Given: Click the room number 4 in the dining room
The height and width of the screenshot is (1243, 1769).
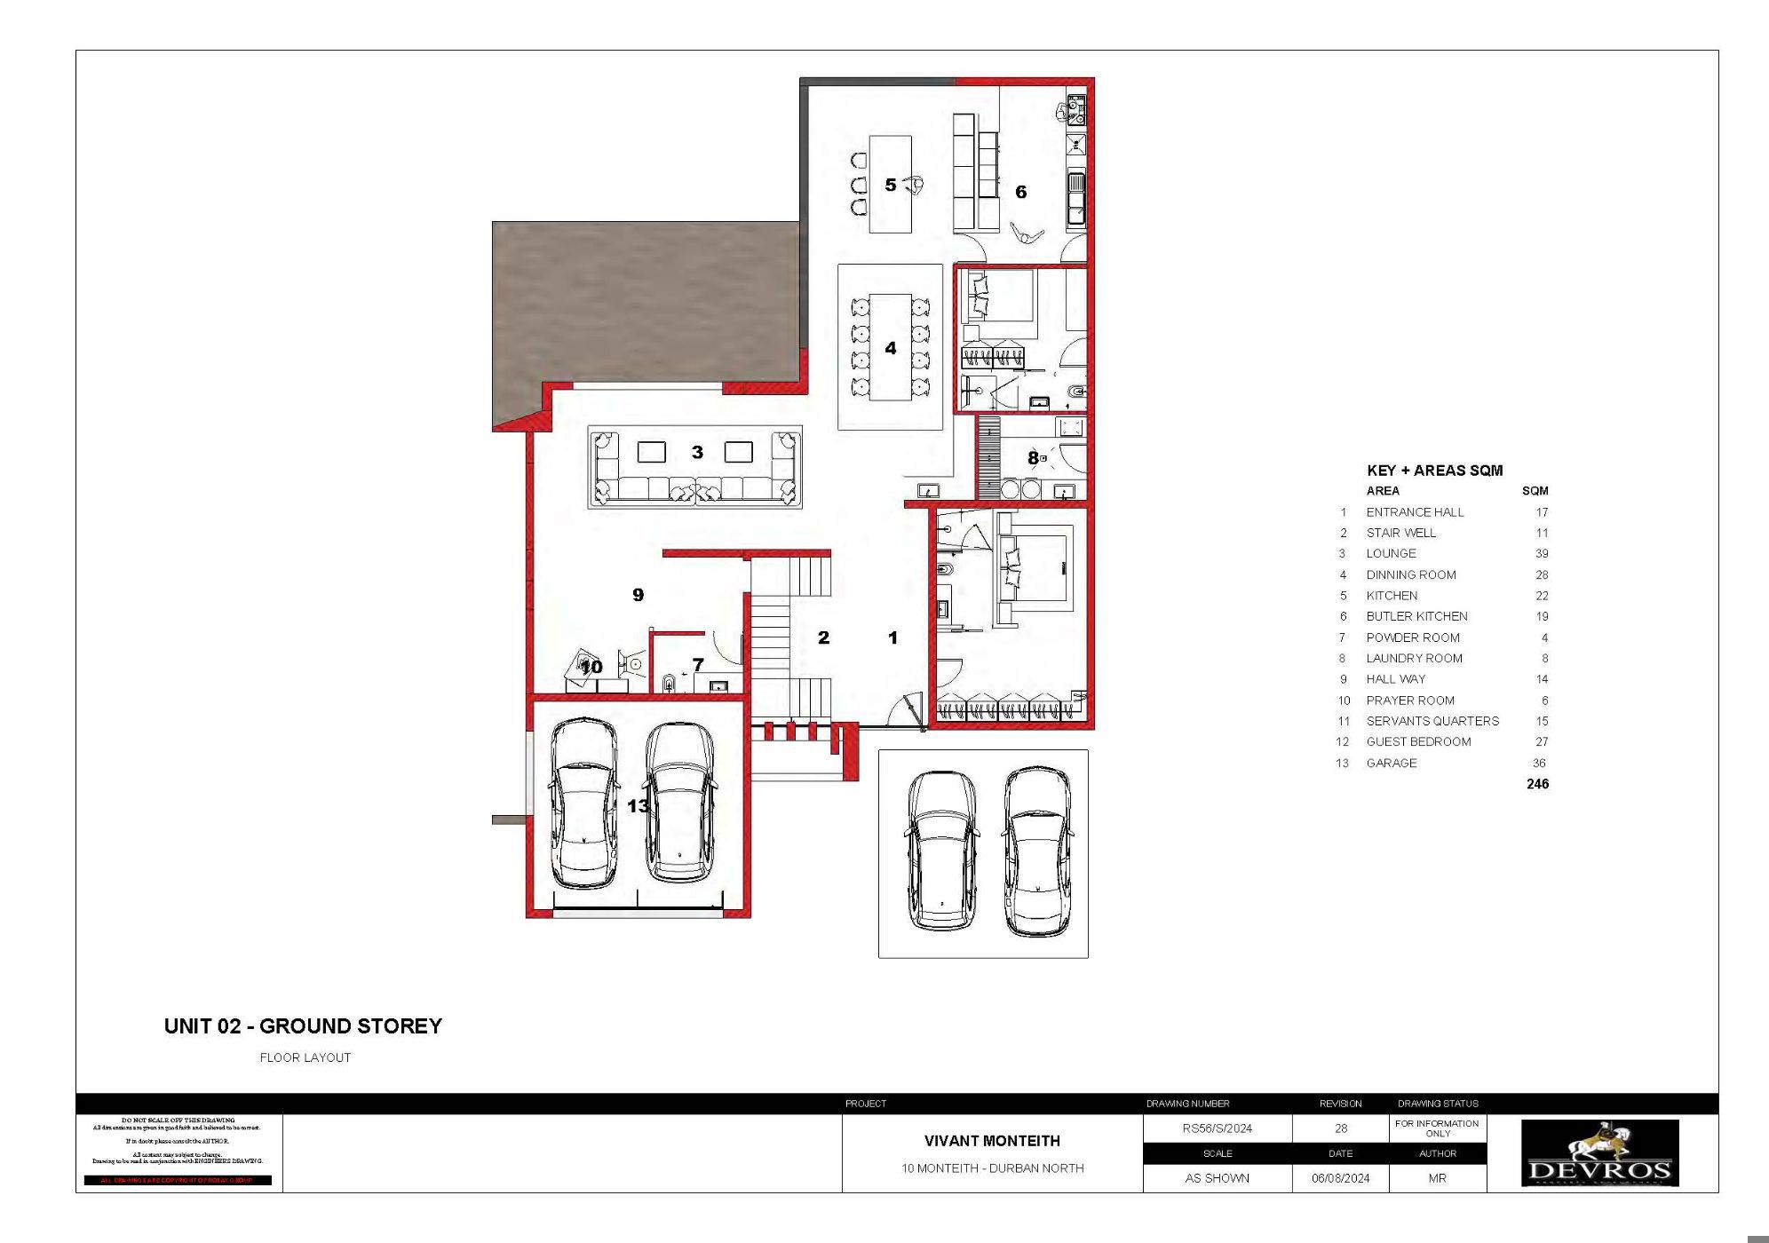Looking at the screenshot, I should pos(891,348).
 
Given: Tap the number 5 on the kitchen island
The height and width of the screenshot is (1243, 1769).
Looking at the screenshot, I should pos(891,185).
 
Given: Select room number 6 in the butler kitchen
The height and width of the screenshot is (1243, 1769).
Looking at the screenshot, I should pos(1020,192).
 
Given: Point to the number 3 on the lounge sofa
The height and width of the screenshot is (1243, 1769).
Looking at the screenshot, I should pos(697,453).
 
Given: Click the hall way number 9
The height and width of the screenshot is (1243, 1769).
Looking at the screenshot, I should pos(638,595).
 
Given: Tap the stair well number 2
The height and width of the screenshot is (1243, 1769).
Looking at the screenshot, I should pos(823,637).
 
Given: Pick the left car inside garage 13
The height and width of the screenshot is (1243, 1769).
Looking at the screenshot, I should pos(583,804).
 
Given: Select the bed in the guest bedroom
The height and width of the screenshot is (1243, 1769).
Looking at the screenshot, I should pos(1035,568).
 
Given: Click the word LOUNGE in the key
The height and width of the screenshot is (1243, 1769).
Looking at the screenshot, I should pos(1391,553).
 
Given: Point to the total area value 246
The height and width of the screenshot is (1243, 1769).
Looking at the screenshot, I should pos(1537,784).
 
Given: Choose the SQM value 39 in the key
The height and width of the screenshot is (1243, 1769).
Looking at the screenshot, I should pos(1541,553).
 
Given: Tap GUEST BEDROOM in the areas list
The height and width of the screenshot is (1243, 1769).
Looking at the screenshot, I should pos(1418,741).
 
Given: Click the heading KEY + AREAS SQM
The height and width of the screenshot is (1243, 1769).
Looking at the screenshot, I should pos(1434,471).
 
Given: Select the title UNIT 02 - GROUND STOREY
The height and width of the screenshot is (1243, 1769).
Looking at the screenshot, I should pos(303,1026).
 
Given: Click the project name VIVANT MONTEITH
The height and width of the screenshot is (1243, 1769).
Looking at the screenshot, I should pos(992,1141).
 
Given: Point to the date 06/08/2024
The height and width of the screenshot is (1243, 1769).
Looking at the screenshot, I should pos(1340,1178).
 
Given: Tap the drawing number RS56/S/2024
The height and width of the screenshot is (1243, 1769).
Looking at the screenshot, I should pos(1217,1128).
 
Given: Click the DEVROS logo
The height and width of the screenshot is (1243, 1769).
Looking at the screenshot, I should pos(1599,1153).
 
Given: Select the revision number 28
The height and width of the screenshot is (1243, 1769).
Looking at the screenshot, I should pos(1340,1128).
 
